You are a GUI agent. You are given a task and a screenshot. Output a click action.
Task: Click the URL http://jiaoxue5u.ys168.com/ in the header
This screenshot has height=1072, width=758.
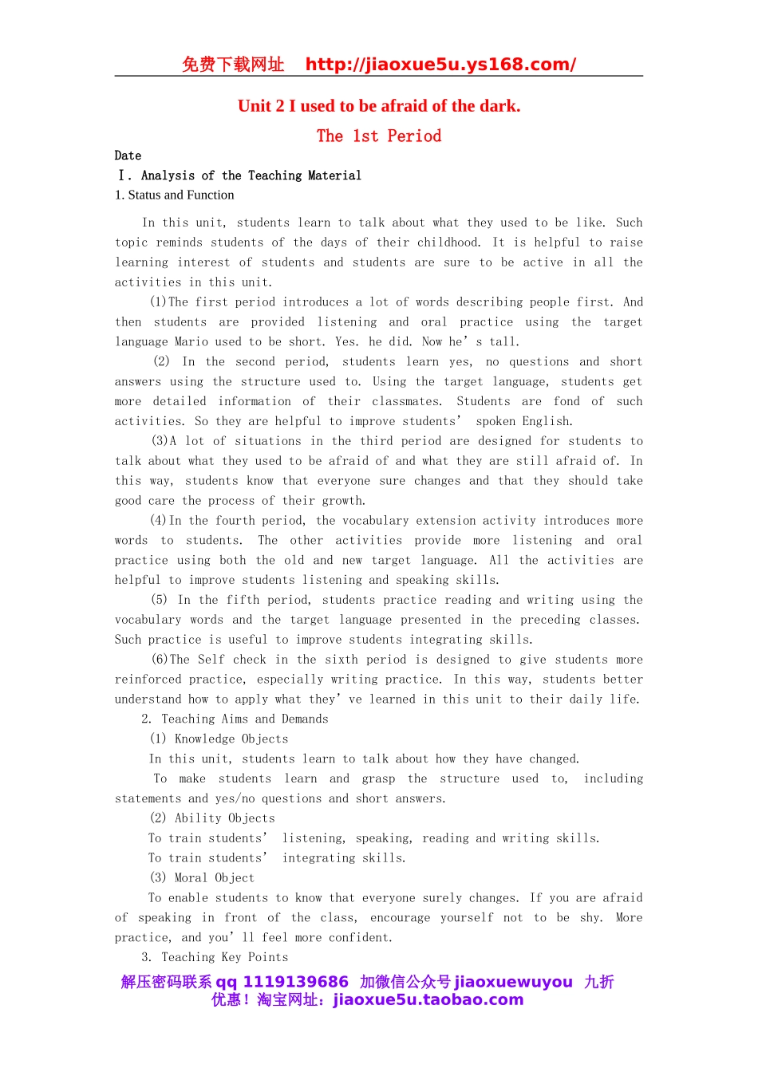[x=440, y=65]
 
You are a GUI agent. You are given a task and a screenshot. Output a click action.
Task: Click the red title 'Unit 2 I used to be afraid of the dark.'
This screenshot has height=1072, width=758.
[x=379, y=106]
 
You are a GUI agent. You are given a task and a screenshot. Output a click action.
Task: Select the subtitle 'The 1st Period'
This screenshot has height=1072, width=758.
[x=379, y=136]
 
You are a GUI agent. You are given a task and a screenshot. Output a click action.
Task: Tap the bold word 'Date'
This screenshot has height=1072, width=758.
[x=128, y=156]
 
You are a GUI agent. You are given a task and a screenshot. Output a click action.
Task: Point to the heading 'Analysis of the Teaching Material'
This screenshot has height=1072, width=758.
[x=251, y=175]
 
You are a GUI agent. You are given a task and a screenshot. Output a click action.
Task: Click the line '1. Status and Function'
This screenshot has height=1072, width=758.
[x=175, y=195]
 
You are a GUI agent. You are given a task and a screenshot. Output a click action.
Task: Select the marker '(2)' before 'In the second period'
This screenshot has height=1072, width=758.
[x=162, y=361]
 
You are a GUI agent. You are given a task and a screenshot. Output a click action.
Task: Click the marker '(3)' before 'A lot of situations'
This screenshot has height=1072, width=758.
[x=160, y=441]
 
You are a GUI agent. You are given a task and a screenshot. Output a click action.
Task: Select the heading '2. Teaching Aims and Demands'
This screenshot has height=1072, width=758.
[x=235, y=719]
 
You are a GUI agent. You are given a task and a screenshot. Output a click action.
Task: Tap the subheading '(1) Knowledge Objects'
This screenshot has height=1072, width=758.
[x=219, y=739]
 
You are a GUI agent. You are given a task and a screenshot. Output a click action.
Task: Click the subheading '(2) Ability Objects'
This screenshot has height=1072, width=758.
[x=212, y=818]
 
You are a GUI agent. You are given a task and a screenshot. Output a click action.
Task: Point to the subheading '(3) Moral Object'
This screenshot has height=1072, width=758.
[x=202, y=878]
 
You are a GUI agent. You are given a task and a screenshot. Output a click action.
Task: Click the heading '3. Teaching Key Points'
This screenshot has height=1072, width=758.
[x=215, y=957]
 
